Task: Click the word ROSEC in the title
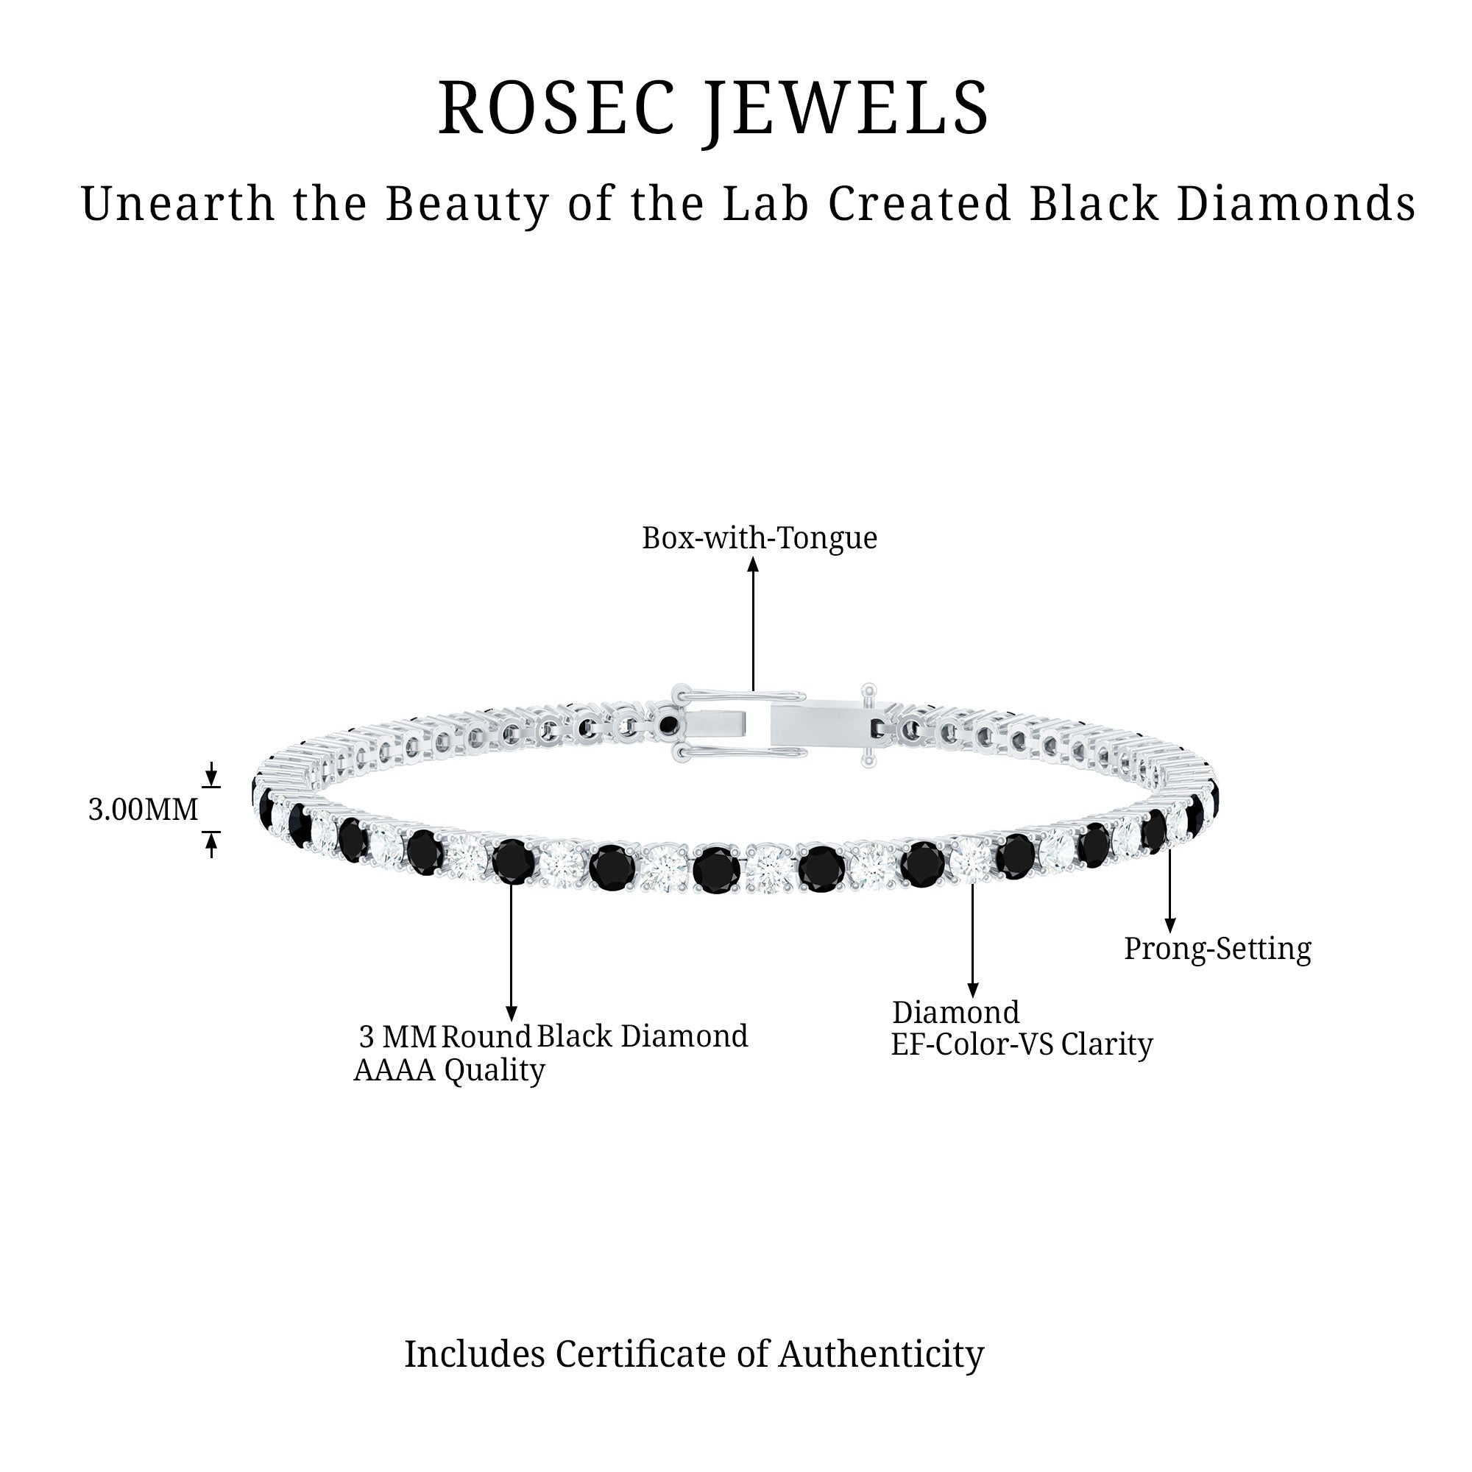[556, 108]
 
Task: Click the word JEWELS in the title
[846, 110]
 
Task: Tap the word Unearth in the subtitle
[177, 204]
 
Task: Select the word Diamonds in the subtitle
[1295, 204]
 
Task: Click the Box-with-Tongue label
[759, 539]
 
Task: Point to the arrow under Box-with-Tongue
[754, 625]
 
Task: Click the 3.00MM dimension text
[144, 810]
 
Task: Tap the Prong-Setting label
[1217, 949]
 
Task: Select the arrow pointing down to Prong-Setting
[1170, 891]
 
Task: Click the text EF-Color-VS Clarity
[1021, 1044]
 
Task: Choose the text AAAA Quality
[450, 1070]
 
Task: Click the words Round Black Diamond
[594, 1037]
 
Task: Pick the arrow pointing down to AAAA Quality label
[512, 952]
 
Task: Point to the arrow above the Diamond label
[972, 941]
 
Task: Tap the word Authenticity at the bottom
[881, 1355]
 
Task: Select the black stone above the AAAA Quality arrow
[513, 862]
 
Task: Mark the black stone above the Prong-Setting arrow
[1154, 830]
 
